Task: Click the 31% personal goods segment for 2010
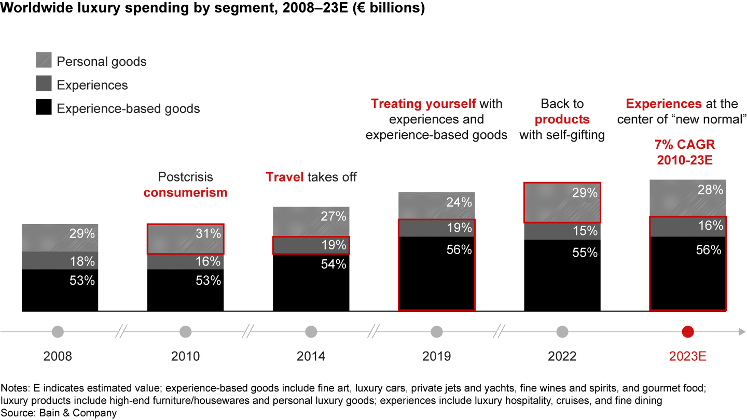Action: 185,239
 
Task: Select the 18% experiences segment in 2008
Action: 60,261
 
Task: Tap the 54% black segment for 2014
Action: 311,283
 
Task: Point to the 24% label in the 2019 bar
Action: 459,202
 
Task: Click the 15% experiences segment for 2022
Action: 562,231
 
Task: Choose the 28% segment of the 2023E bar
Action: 688,198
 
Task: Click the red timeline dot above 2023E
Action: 688,331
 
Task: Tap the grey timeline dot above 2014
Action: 311,331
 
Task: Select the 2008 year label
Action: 58,356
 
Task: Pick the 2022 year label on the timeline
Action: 562,356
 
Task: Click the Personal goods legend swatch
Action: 44,60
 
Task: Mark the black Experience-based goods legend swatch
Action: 44,108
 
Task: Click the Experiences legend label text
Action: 92,85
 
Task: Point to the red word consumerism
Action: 185,192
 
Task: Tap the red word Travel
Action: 284,177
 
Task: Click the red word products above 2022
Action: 562,119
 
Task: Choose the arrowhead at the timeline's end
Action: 742,331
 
